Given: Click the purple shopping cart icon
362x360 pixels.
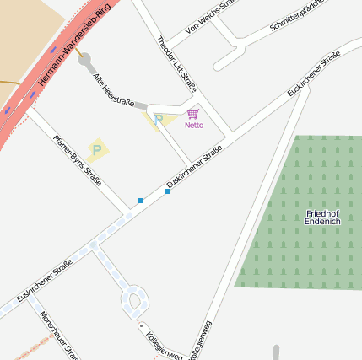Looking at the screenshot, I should point(193,114).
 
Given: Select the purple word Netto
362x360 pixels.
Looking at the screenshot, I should point(194,126).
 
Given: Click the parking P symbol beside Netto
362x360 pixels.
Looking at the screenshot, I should point(158,120).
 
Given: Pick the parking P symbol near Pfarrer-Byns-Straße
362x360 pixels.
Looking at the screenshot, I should point(96,150).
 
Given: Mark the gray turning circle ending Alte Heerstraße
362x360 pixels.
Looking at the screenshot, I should point(84,59).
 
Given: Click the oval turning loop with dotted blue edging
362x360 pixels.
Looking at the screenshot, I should point(134,299).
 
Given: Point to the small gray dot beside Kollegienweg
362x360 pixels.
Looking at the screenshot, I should point(142,325).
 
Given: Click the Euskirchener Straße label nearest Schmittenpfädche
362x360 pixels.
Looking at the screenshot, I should point(313,73).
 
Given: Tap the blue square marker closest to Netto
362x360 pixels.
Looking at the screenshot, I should point(168,192).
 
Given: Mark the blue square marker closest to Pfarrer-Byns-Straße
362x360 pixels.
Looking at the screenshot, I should point(141,201).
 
